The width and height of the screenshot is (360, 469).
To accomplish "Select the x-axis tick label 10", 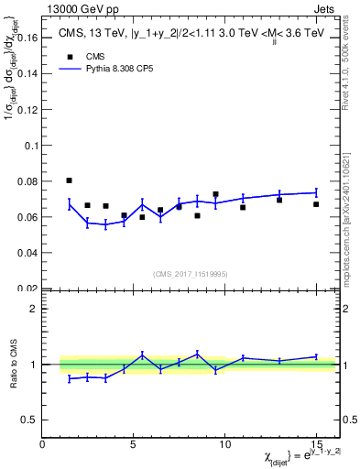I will coord(224,444).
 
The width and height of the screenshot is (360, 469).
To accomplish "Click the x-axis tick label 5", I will coord(134,444).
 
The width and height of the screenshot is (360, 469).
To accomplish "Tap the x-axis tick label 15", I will coord(316,444).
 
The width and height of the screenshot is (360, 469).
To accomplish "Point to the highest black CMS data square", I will coord(70,180).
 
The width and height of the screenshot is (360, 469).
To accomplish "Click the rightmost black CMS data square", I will coord(316,204).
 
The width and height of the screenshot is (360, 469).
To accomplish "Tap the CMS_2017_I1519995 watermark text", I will coord(188,273).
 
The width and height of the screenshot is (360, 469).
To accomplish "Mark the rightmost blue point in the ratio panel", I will coord(316,356).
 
